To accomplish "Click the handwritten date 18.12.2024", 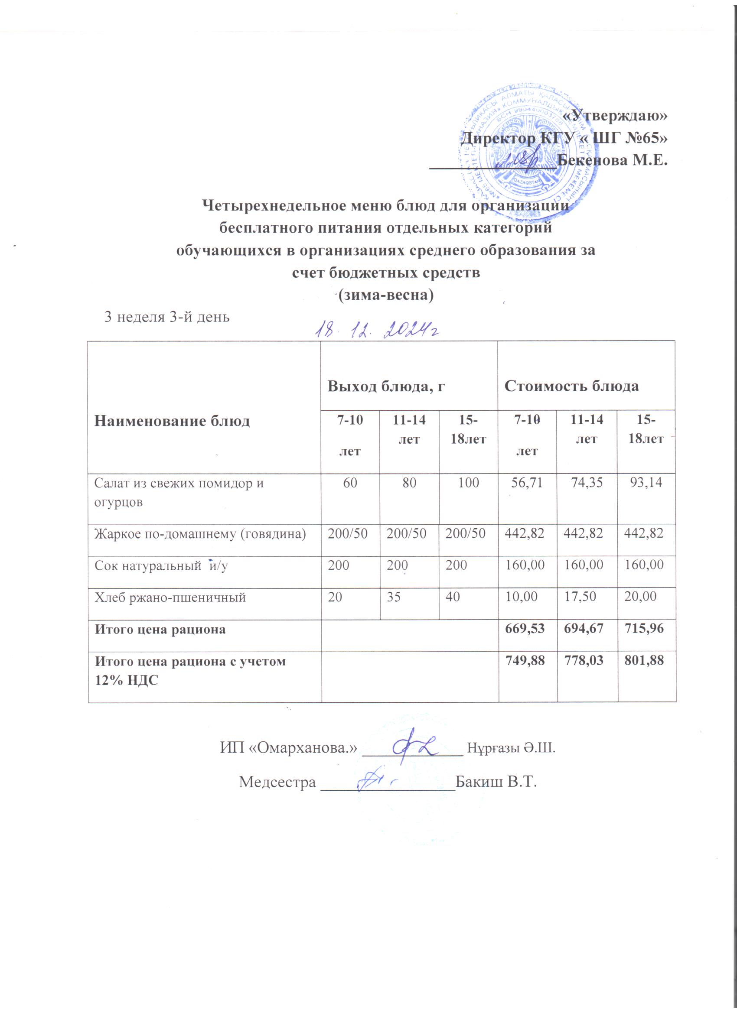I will click(375, 330).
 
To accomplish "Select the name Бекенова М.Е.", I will click(613, 159).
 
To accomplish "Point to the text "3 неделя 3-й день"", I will click(167, 317).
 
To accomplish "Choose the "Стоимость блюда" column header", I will click(571, 386).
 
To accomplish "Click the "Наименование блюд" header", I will click(172, 421).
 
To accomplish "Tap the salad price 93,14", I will click(646, 483).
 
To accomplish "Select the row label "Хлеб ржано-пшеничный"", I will click(170, 597).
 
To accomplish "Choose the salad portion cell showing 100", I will click(468, 483).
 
